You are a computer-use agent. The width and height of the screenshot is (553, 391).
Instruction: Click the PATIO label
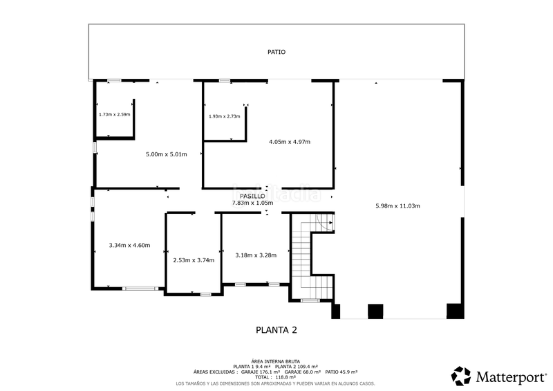[276, 52]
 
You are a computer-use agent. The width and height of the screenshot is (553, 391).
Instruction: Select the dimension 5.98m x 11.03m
[396, 206]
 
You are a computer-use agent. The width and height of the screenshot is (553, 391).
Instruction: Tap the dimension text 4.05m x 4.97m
[290, 142]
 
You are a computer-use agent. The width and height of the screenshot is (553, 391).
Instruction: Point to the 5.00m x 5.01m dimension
[167, 154]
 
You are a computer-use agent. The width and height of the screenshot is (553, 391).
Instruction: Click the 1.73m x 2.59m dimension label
[114, 114]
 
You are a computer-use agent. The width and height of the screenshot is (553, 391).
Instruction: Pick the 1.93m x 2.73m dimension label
[224, 116]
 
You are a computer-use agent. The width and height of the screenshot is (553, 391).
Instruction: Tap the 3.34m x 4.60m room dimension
[129, 245]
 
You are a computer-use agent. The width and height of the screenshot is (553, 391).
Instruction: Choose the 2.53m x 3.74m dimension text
[193, 260]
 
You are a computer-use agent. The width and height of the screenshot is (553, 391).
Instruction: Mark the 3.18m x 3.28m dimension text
[256, 255]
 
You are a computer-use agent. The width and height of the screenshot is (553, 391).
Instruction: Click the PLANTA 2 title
[276, 330]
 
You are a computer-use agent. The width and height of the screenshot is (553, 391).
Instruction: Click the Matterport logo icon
[461, 376]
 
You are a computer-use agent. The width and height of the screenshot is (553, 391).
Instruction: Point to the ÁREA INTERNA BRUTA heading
[276, 361]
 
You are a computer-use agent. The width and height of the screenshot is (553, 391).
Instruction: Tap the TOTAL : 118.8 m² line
[276, 378]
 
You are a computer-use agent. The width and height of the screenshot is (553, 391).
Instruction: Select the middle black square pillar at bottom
[375, 311]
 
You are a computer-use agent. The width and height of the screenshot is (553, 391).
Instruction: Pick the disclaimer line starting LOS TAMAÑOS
[276, 383]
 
